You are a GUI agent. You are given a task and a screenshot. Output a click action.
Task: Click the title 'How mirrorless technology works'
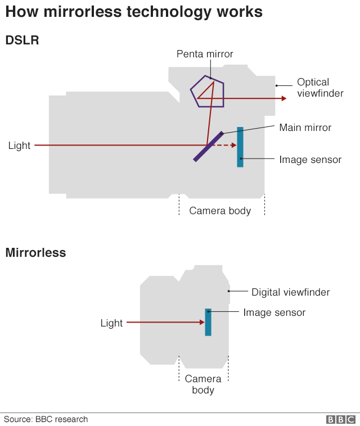tap(134, 12)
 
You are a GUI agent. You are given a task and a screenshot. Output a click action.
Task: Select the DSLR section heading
tap(22, 40)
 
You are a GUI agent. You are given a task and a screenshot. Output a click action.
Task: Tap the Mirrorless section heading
tap(35, 253)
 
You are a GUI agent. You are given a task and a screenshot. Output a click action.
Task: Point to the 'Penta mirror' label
tap(205, 54)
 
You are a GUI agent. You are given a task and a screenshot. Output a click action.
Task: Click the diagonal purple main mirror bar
tap(209, 147)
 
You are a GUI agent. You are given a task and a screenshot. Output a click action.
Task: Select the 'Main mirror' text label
tap(305, 128)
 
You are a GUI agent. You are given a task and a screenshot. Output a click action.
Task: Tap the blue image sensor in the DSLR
tap(240, 147)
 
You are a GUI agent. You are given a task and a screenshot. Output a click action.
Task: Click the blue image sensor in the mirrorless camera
tap(208, 322)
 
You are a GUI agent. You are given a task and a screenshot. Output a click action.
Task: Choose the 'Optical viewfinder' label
tap(320, 88)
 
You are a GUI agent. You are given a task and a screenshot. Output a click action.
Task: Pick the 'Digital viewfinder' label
tap(290, 292)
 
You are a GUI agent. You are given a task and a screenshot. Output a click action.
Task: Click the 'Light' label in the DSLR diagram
tap(19, 146)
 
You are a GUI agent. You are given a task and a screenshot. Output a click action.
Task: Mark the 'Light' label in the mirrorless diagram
tap(111, 323)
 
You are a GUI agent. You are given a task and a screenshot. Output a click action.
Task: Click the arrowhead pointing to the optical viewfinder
tap(283, 98)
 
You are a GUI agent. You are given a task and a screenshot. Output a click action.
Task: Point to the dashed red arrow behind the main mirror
tap(225, 146)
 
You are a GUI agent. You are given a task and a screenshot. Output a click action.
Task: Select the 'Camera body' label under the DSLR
tap(220, 211)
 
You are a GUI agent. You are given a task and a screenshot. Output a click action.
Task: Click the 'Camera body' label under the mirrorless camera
tap(203, 384)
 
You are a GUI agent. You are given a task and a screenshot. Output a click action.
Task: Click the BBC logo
tap(341, 419)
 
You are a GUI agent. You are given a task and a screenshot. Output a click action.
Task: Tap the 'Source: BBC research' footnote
tap(46, 419)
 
